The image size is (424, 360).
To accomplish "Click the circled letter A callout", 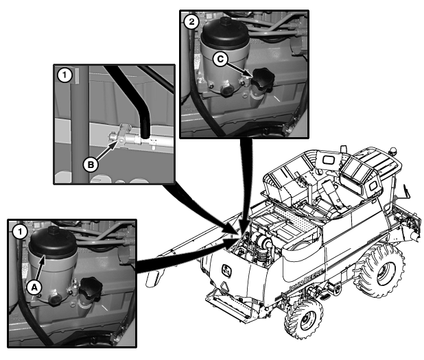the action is [x=34, y=287].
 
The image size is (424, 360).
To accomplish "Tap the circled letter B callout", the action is [x=91, y=165].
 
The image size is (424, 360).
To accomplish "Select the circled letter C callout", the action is [x=220, y=59].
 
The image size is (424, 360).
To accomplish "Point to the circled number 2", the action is [x=191, y=21].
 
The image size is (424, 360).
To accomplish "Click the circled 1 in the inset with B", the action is [x=64, y=75].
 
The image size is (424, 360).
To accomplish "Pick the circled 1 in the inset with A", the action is [x=20, y=232].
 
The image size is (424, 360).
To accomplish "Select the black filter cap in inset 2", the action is [x=225, y=33].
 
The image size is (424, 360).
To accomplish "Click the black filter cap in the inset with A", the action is [x=53, y=243].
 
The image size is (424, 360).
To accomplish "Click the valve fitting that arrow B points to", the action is [x=121, y=135].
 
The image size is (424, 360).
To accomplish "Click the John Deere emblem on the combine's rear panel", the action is [x=227, y=271].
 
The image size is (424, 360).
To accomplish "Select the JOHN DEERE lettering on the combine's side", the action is [x=306, y=281].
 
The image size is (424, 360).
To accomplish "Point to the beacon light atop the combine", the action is [x=393, y=150].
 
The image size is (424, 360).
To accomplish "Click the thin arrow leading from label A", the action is [x=40, y=269].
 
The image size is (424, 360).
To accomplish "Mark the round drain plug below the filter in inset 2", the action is [x=226, y=91].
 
